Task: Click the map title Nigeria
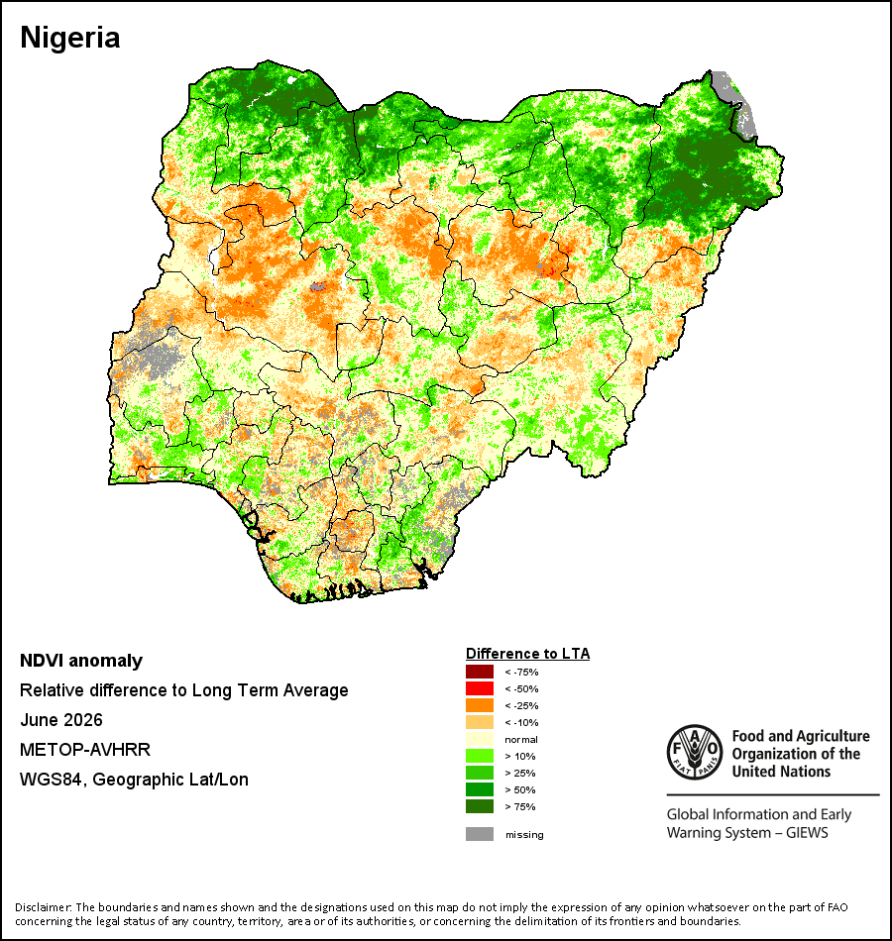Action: [69, 38]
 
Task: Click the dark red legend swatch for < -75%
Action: [480, 672]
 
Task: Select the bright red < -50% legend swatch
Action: [480, 688]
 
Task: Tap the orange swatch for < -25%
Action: [480, 705]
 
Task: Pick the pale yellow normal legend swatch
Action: [480, 739]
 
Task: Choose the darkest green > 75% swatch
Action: [480, 806]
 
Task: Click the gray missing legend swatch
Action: [480, 834]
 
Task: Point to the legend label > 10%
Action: [520, 756]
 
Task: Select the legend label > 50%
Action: [520, 789]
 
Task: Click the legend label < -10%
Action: [521, 722]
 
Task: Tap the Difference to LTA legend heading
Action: [527, 654]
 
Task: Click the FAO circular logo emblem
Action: [695, 753]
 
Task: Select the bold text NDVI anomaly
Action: [81, 661]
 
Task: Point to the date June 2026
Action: [61, 720]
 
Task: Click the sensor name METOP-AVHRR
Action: [85, 750]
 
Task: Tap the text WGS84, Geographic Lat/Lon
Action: [134, 780]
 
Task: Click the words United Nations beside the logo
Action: [781, 772]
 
